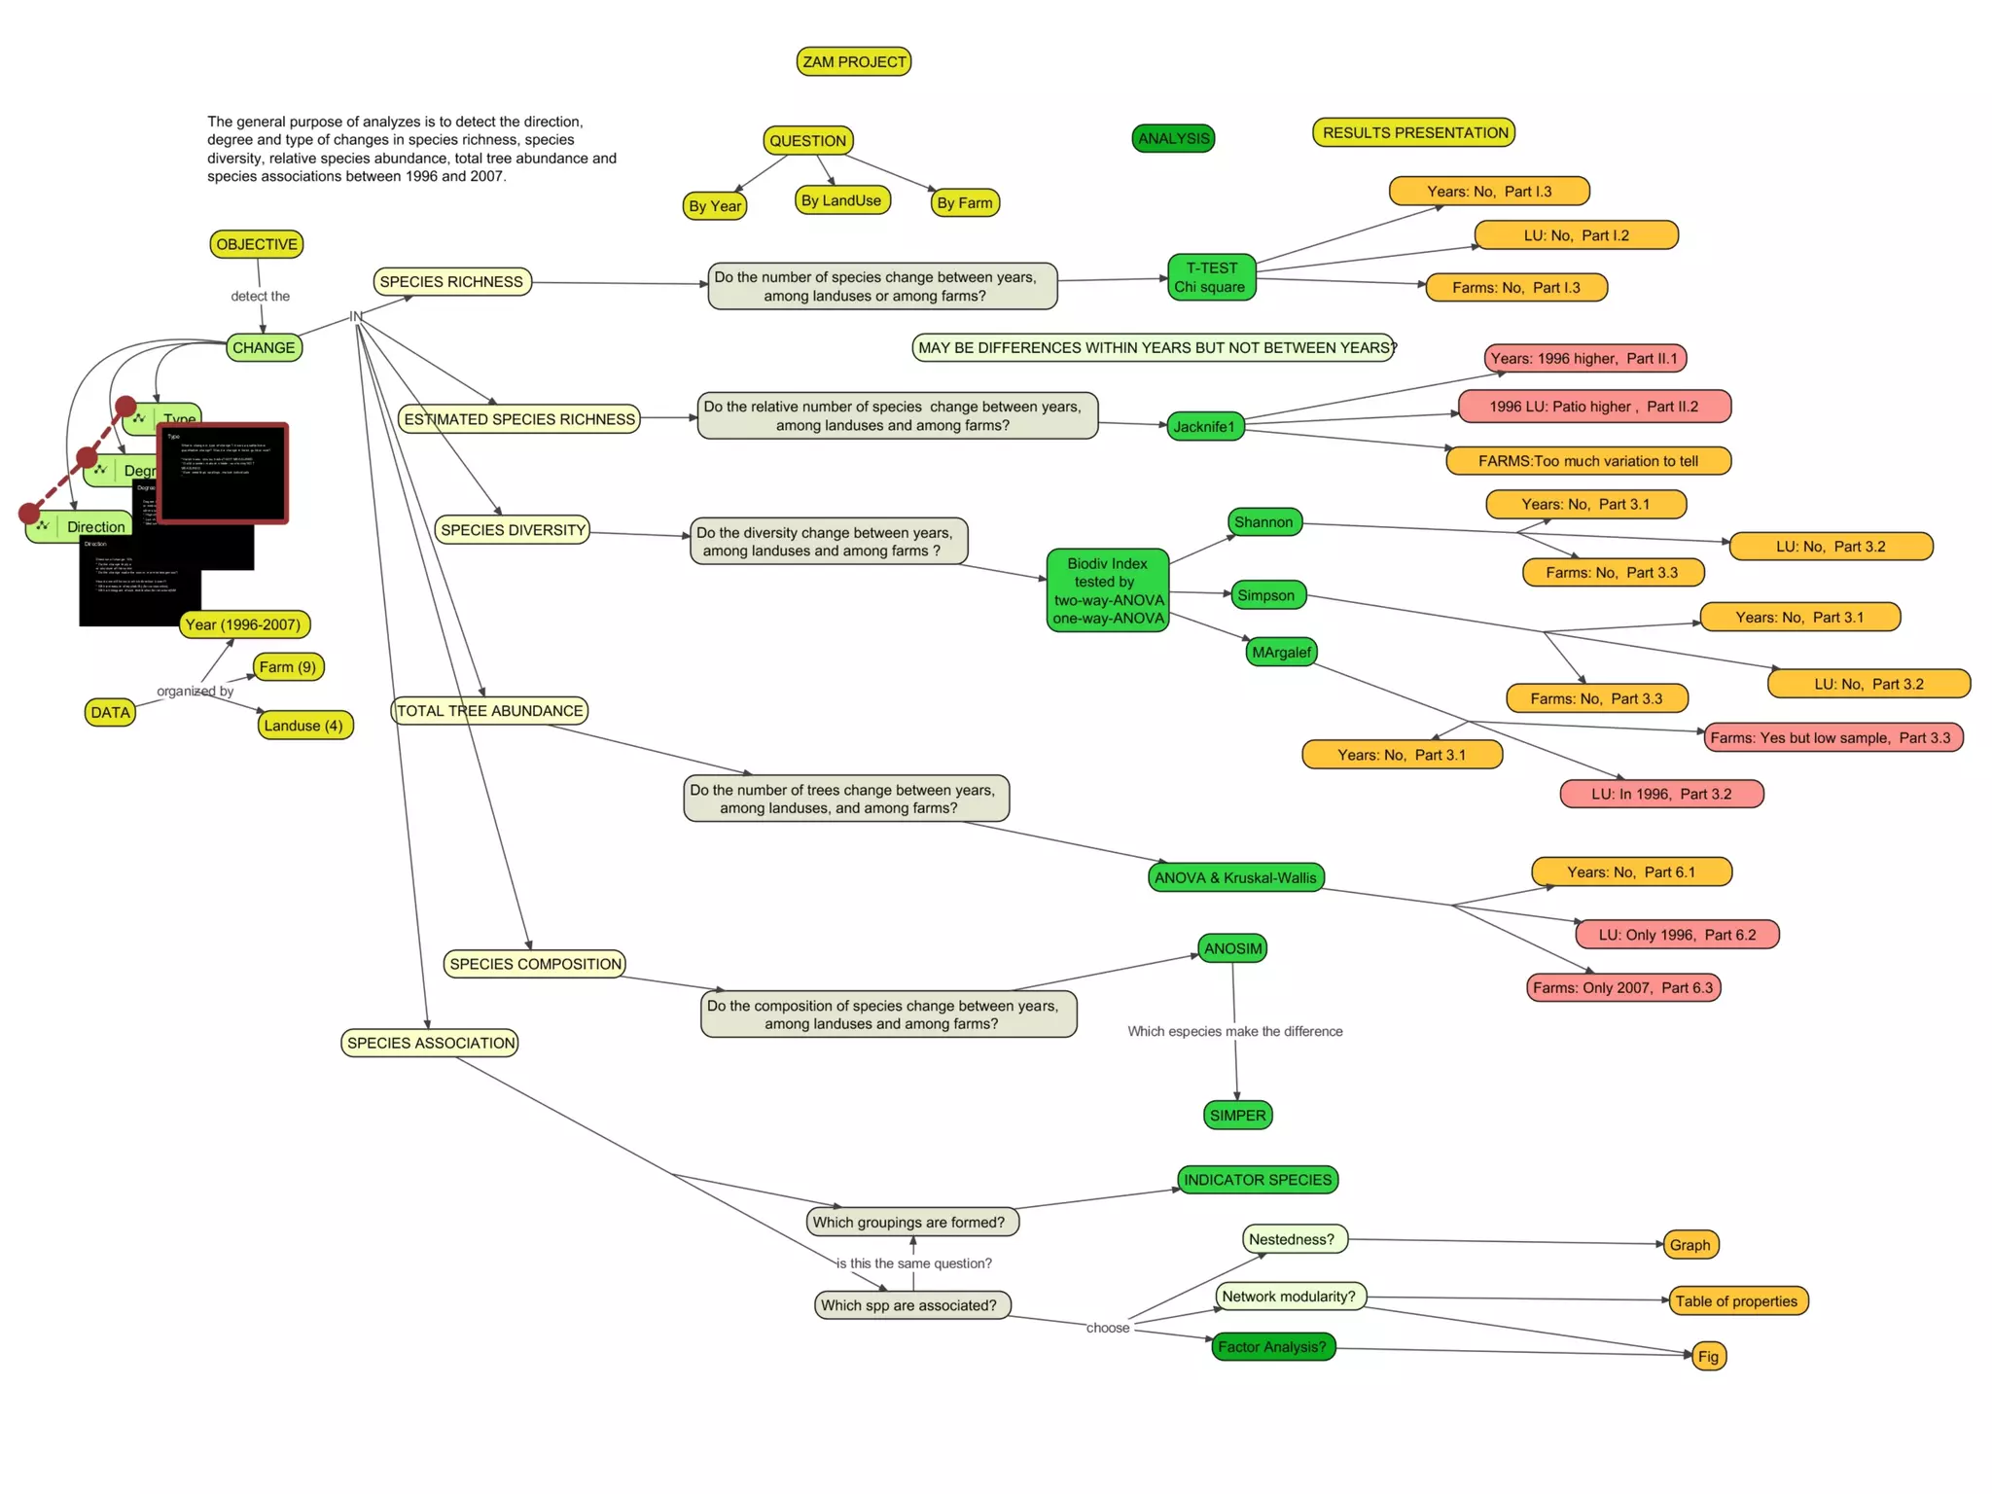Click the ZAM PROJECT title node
(853, 62)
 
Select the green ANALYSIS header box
(1173, 138)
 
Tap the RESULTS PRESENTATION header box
(1413, 132)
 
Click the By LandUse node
(841, 200)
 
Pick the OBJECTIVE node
(257, 244)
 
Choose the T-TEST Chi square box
(1211, 277)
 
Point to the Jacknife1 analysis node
(1204, 426)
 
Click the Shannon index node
(1263, 522)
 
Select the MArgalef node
(1281, 652)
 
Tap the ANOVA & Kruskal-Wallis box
(1235, 877)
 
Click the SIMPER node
(1237, 1116)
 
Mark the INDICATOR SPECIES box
(1257, 1180)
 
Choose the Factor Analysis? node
(1272, 1347)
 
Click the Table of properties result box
(1736, 1301)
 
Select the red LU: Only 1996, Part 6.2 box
(1677, 935)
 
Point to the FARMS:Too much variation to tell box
(1587, 461)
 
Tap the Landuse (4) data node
(303, 726)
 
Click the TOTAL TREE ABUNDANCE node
(489, 711)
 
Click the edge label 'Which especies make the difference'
(1234, 1031)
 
